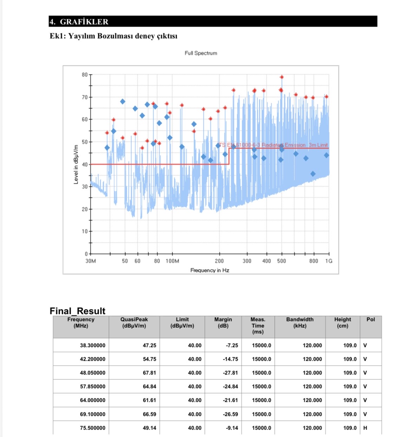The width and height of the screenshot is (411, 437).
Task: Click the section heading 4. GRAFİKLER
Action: [x=79, y=22]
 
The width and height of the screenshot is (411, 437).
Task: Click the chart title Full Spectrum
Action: [x=201, y=53]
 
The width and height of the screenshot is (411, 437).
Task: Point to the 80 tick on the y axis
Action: [x=85, y=75]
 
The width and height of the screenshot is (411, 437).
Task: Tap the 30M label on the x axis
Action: [x=91, y=261]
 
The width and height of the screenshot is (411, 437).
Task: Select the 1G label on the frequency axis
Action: [x=329, y=261]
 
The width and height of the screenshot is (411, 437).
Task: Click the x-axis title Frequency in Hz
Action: [x=210, y=270]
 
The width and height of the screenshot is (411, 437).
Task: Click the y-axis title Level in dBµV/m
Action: [x=76, y=164]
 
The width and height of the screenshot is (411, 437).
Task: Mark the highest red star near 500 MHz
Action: [x=282, y=77]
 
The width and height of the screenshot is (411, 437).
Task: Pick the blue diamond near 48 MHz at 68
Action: [x=123, y=102]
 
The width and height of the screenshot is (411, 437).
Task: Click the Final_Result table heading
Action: [x=78, y=311]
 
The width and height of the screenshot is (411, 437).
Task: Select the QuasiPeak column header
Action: [x=134, y=322]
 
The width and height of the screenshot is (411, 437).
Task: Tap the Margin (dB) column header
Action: [x=223, y=322]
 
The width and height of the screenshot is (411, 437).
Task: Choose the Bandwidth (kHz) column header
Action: [x=300, y=322]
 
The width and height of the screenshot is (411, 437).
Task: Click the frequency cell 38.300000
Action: [x=92, y=345]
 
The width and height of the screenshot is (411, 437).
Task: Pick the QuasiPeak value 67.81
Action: [x=149, y=373]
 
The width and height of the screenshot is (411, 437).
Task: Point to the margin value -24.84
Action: [x=230, y=386]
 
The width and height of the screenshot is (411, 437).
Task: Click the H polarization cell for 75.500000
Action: [x=365, y=428]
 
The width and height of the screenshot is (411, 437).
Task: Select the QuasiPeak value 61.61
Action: [x=149, y=400]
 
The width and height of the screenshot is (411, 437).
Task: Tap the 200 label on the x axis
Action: [x=219, y=261]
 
